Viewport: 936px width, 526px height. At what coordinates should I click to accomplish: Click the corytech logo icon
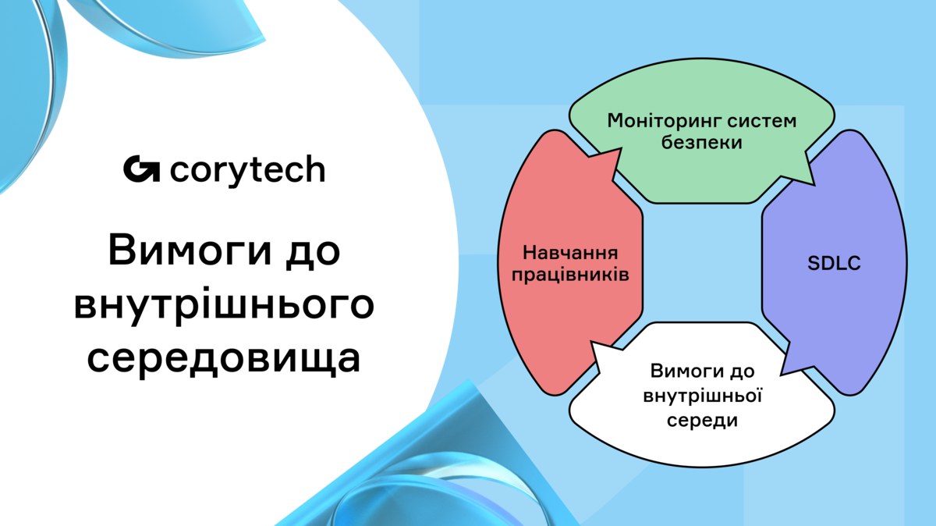(141, 169)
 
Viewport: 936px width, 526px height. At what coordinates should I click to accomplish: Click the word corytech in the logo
(247, 171)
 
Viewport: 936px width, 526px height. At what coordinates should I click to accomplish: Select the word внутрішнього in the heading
(224, 305)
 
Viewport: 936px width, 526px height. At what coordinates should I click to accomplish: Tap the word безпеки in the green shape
(701, 142)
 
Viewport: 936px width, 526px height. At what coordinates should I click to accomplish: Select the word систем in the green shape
(762, 121)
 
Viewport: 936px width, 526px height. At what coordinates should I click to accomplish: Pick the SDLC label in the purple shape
(834, 264)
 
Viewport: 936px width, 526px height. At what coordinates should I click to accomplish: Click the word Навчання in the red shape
(570, 253)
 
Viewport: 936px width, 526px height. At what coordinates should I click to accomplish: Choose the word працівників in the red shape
(570, 275)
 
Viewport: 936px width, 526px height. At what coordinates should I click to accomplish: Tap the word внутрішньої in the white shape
(702, 396)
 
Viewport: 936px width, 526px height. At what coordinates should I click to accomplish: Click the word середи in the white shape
(702, 420)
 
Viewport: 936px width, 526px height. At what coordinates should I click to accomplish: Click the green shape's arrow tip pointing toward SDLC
(814, 184)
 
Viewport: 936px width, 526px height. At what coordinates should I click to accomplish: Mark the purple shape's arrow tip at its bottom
(781, 373)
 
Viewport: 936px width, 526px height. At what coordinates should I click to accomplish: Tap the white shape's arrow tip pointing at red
(591, 343)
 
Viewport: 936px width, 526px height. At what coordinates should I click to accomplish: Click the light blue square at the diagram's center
(703, 263)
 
